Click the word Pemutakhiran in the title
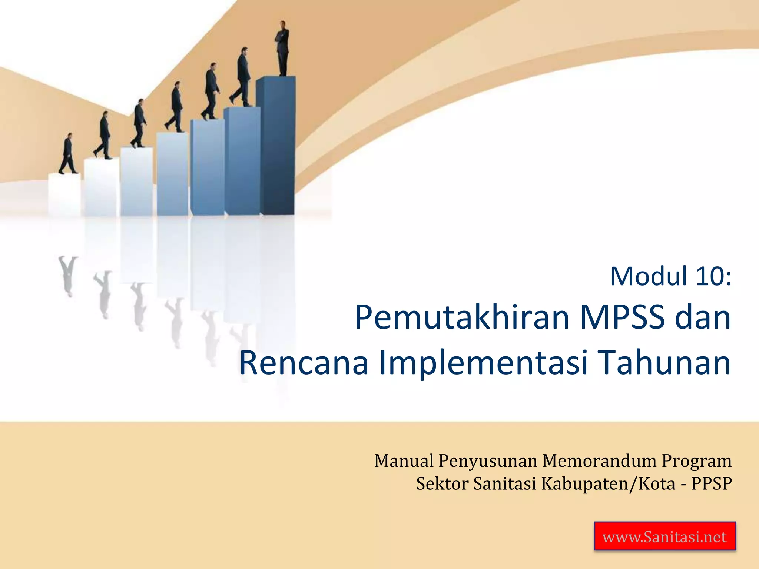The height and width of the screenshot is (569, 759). point(462,318)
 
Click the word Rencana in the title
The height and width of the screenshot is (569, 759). point(304,363)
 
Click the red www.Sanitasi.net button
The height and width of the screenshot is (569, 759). point(664,536)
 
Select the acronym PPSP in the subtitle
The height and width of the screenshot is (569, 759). point(711,483)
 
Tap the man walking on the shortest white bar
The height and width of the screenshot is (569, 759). point(68,154)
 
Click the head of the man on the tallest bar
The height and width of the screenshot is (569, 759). point(283,24)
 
